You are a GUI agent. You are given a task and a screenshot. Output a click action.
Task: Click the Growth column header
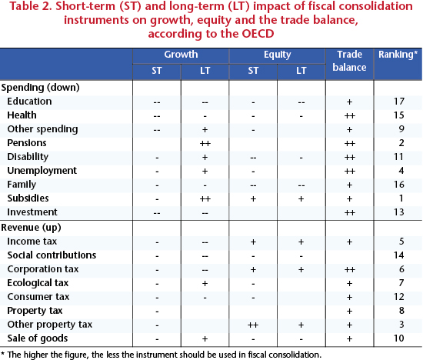click(181, 55)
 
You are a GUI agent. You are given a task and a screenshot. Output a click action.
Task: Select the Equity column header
click(278, 55)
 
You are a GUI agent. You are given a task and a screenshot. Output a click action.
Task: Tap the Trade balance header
click(349, 61)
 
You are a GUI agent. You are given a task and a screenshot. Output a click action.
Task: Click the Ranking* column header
click(398, 55)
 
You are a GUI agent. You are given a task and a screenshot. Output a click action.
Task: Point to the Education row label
click(29, 102)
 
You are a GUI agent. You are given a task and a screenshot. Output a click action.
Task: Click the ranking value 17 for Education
click(399, 102)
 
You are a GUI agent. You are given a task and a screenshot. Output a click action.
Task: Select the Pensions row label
click(27, 143)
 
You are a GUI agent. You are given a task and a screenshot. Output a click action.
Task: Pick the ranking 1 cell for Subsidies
click(401, 198)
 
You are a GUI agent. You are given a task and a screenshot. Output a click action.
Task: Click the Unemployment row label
click(42, 171)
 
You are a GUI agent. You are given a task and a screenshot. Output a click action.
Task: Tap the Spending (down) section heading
click(41, 88)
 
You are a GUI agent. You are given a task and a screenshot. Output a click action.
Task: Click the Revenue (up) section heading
click(31, 228)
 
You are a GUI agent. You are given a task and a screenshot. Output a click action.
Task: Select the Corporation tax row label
click(43, 269)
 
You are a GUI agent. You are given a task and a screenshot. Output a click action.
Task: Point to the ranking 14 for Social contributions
click(399, 255)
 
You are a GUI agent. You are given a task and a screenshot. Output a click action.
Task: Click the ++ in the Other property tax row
click(253, 325)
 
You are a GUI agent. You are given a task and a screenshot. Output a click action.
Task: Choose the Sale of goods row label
click(38, 338)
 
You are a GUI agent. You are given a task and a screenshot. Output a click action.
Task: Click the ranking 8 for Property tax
click(401, 311)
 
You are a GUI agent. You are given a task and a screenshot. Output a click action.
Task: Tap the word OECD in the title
click(258, 34)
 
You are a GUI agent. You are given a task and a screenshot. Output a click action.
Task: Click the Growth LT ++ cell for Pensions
click(205, 143)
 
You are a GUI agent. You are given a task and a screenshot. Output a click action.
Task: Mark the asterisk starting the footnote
click(2, 353)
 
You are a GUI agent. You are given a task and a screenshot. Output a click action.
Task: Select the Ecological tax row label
click(38, 283)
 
